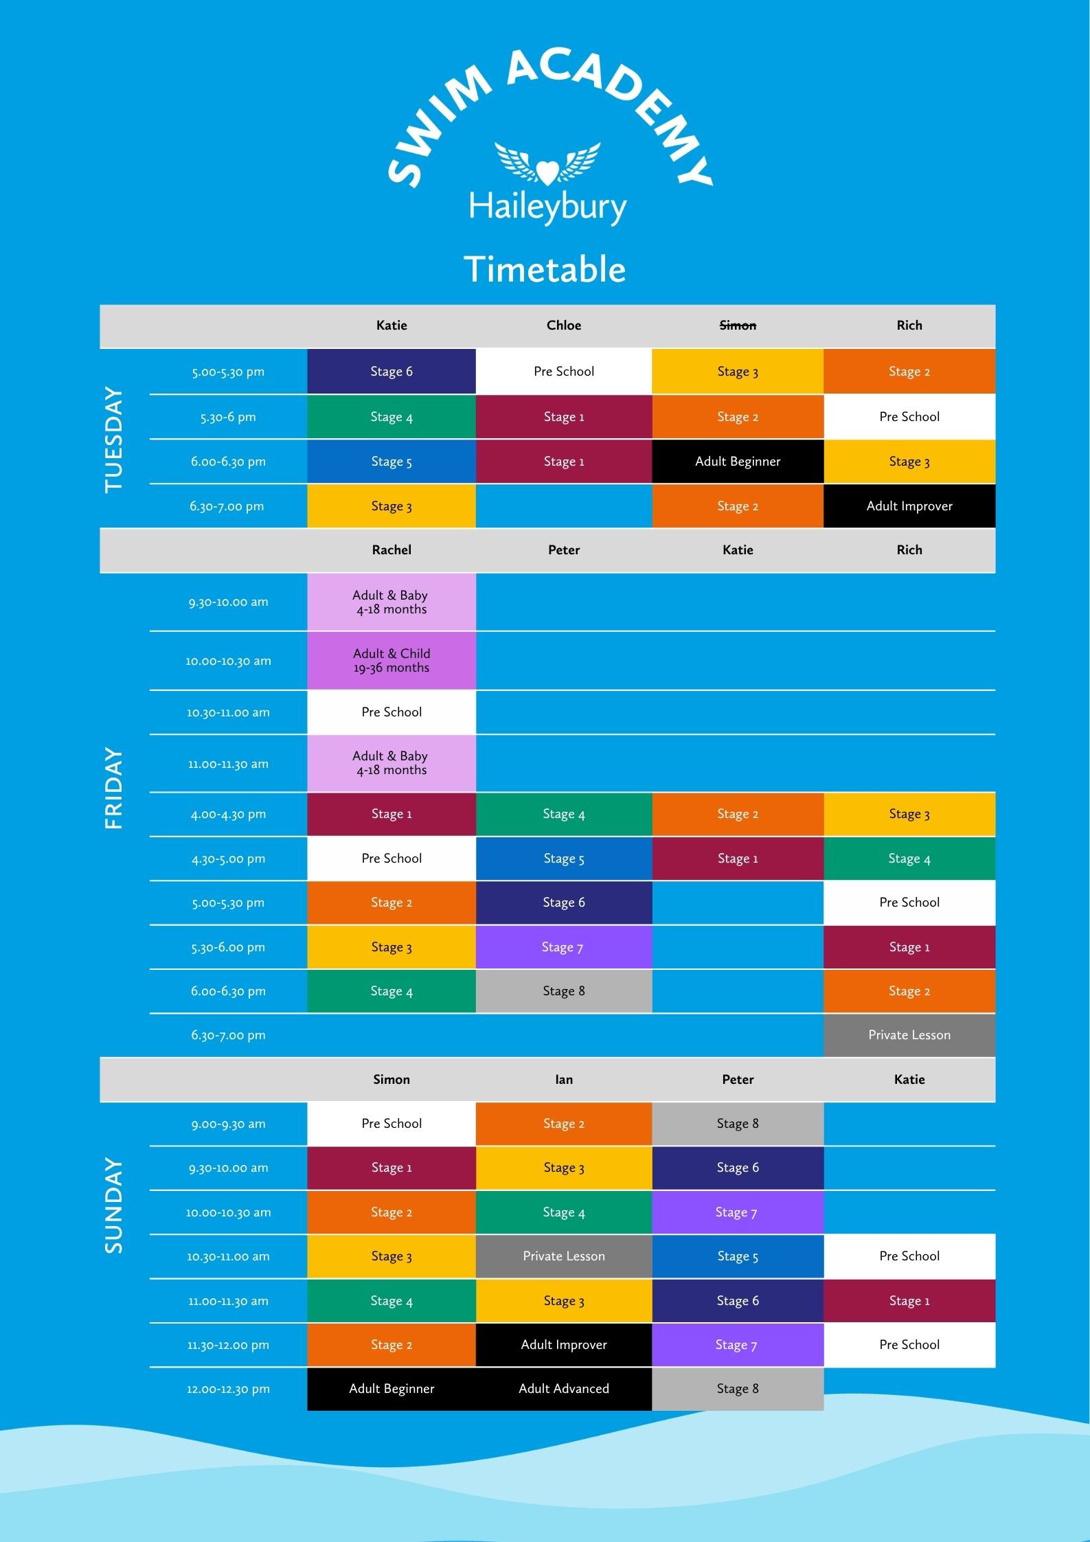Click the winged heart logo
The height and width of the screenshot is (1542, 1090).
[547, 163]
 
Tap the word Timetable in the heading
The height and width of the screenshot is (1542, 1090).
[545, 269]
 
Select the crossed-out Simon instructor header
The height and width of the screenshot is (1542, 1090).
[738, 326]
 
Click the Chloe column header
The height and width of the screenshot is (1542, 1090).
[564, 326]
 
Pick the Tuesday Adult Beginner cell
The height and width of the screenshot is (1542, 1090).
[738, 462]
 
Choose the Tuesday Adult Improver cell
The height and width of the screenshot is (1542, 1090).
[909, 506]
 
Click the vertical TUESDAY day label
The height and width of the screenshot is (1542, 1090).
[113, 440]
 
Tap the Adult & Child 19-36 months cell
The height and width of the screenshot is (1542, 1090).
[391, 661]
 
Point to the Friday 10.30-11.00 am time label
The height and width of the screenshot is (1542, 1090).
[228, 713]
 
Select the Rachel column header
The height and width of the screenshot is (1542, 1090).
[391, 550]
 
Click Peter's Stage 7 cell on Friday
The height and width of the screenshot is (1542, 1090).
[564, 947]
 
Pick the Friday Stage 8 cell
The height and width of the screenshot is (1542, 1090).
[564, 991]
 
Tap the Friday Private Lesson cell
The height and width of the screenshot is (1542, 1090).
[909, 1035]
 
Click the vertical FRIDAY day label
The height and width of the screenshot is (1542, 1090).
[113, 789]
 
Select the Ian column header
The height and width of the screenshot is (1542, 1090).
[564, 1080]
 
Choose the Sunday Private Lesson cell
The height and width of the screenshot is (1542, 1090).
[564, 1256]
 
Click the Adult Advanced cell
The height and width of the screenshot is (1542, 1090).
[564, 1389]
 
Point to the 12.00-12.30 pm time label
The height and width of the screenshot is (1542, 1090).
[228, 1390]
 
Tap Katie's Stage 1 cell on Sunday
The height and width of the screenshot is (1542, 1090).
[909, 1301]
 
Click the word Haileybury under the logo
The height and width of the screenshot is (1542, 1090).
[547, 207]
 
